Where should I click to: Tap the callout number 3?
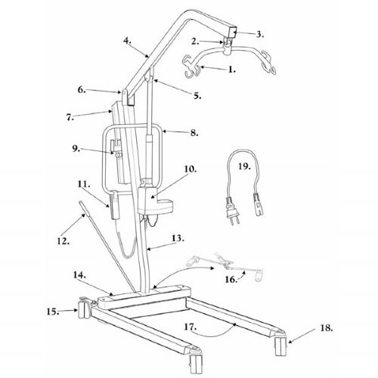259,33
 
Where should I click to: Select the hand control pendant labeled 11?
115,208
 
